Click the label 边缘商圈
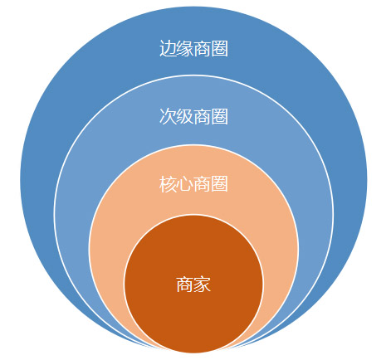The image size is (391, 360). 193,49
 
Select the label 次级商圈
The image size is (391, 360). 193,116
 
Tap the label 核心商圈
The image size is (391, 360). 193,184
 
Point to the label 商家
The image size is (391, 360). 193,284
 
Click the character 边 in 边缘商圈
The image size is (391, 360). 168,49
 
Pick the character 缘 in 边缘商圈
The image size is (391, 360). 185,49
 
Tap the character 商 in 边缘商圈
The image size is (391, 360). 203,49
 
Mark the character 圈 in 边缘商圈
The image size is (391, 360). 220,49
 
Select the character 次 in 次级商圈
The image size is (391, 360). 168,116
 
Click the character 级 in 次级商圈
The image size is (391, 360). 185,116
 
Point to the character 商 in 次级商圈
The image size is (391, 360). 203,116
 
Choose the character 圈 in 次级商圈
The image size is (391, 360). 220,116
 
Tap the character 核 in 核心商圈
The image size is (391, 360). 168,184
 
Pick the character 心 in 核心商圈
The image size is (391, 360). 185,184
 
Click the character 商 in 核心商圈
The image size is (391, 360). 203,184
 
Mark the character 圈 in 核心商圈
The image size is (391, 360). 220,184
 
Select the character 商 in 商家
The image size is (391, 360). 185,284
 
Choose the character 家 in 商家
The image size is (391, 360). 203,284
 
